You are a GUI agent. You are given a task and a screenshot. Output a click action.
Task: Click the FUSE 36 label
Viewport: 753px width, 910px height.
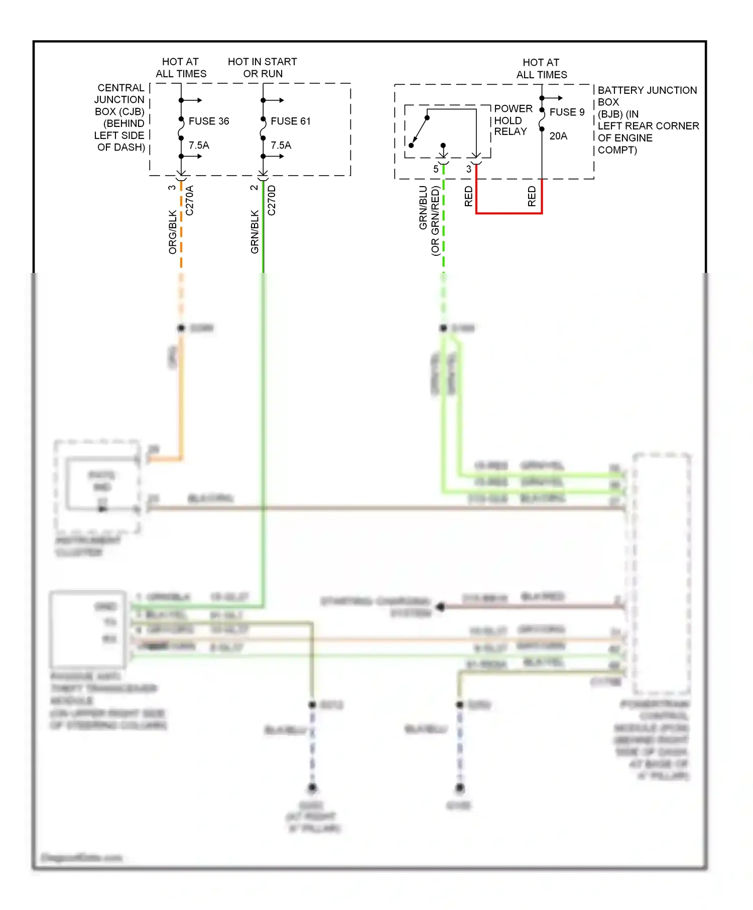[208, 121]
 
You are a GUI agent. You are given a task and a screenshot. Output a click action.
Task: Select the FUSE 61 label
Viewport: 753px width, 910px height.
[290, 121]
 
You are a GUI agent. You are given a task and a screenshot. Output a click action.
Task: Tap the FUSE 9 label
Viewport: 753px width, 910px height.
[567, 112]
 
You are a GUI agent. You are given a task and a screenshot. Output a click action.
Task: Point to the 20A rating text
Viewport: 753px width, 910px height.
[558, 136]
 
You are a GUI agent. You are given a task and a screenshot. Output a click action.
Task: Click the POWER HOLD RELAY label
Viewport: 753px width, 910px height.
[513, 120]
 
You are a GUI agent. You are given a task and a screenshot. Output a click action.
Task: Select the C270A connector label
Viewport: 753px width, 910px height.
[190, 201]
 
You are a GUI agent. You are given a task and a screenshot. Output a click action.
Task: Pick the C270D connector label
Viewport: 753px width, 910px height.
[272, 201]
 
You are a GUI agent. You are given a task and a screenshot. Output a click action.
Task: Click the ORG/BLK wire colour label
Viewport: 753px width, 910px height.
[173, 232]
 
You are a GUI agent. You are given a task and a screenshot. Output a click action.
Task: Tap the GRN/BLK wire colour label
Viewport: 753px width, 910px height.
[255, 232]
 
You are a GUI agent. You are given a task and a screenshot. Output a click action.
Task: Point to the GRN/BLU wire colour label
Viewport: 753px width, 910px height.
[423, 208]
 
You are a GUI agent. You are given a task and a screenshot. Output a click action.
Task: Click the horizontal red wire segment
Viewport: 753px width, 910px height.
[509, 213]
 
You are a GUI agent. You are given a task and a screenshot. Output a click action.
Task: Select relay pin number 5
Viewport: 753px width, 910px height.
[436, 170]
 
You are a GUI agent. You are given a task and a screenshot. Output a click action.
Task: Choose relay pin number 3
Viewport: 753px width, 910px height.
[469, 170]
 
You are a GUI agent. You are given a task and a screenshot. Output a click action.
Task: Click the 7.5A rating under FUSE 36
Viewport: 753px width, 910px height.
[199, 145]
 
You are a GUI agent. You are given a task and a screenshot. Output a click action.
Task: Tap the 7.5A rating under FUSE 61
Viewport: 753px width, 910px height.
[281, 145]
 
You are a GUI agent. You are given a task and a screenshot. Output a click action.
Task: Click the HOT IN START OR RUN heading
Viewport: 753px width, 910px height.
[263, 68]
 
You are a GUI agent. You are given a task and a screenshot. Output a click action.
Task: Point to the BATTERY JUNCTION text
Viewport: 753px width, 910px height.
[647, 90]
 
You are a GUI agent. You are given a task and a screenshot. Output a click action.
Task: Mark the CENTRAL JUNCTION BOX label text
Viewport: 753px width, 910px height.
[120, 100]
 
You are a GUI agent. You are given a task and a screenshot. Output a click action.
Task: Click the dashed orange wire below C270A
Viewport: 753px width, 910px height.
[181, 236]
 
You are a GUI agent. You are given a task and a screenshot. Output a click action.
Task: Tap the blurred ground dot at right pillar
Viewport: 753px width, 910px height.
[312, 788]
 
